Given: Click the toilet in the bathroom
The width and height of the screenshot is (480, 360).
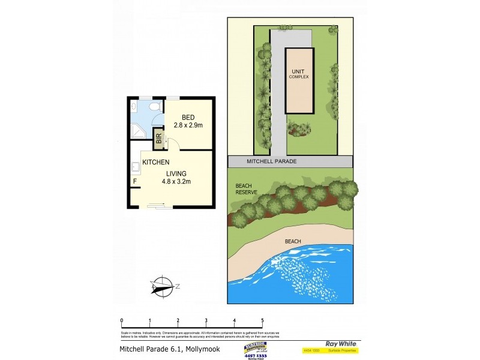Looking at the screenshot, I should tap(154, 107).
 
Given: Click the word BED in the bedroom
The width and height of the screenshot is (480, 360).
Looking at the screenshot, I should tap(188, 116).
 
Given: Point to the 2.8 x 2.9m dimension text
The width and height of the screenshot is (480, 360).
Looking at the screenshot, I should tap(188, 125).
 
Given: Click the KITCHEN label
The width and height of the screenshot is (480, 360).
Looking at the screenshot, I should tap(155, 162).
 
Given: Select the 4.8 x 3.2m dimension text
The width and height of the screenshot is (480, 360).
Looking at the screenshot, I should tap(178, 182).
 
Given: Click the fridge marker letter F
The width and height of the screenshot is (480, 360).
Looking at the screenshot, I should tap(135, 181).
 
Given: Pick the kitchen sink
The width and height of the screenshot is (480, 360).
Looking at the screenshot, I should tap(135, 167).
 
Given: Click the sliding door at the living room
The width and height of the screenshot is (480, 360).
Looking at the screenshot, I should tap(158, 206).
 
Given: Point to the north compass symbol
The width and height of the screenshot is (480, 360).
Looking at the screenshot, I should tap(162, 285).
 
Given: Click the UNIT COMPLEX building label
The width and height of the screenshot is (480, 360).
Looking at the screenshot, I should tap(298, 74).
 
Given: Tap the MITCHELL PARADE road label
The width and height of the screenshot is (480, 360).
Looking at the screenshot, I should tap(272, 162).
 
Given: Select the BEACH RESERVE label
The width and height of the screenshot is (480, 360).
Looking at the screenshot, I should tap(246, 189).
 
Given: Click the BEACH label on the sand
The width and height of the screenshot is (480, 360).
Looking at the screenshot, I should tap(293, 241).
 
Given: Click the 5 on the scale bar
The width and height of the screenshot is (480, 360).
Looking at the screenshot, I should tap(262, 320).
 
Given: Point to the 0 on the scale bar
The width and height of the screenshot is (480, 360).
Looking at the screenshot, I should tap(122, 320).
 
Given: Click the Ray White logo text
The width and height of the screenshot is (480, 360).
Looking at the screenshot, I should tap(338, 344).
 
